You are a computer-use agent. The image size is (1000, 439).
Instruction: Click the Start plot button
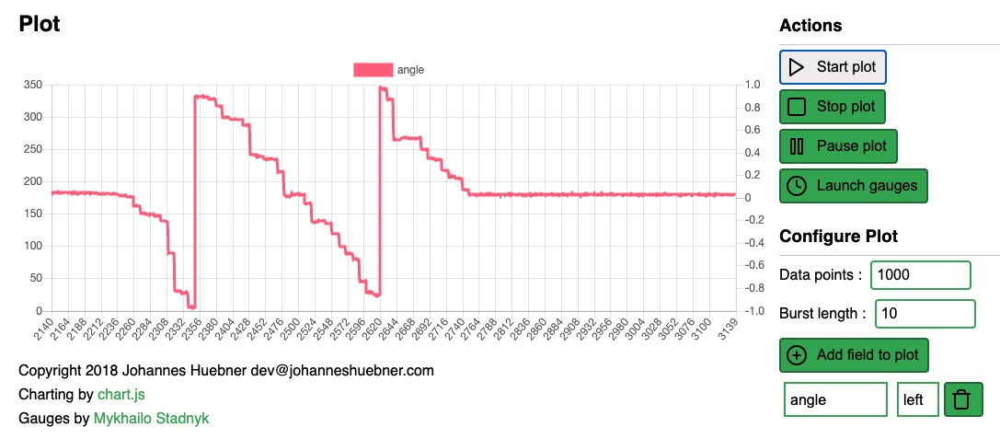pyautogui.click(x=833, y=67)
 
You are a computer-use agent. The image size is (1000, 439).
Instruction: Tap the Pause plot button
pyautogui.click(x=838, y=146)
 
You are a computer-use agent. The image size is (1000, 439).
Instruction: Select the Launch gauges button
pyautogui.click(x=853, y=186)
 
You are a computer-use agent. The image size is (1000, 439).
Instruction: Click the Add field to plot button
pyautogui.click(x=854, y=355)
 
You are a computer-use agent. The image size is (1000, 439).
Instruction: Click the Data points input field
pyautogui.click(x=920, y=275)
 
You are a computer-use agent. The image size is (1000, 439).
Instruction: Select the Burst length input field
pyautogui.click(x=924, y=314)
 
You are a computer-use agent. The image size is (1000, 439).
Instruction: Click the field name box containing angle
pyautogui.click(x=834, y=400)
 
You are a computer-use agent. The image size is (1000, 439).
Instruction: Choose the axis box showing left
pyautogui.click(x=917, y=400)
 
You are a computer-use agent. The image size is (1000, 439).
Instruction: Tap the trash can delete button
pyautogui.click(x=961, y=400)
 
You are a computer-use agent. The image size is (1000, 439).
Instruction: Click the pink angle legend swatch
pyautogui.click(x=373, y=69)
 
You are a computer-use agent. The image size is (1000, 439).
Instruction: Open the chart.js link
pyautogui.click(x=121, y=395)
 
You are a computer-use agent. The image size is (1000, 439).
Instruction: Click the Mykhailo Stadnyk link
pyautogui.click(x=151, y=419)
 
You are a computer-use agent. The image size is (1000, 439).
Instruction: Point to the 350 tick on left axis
pyautogui.click(x=33, y=85)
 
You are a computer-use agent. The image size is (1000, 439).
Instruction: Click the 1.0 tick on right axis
pyautogui.click(x=753, y=85)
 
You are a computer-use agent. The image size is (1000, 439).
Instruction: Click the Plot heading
pyautogui.click(x=40, y=25)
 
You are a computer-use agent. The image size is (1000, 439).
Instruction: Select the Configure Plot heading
pyautogui.click(x=838, y=237)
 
